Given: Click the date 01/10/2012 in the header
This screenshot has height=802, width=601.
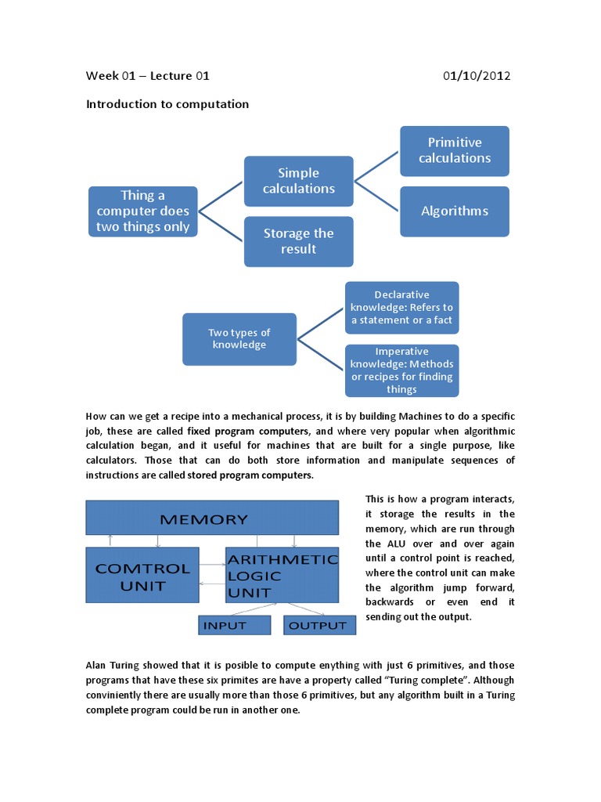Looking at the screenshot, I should (x=476, y=76).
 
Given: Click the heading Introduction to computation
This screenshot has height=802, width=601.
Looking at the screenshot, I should (x=167, y=103).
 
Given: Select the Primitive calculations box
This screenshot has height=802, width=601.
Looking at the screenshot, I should (x=454, y=150).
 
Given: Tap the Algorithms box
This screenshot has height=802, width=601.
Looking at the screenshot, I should (x=454, y=211).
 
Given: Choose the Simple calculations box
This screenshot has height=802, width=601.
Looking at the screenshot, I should (x=298, y=181).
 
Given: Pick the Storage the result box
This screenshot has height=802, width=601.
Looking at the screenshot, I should (x=298, y=241).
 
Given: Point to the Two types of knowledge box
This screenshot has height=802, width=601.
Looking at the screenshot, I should (x=239, y=339).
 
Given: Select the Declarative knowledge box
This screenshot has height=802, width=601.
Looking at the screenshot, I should (x=401, y=308).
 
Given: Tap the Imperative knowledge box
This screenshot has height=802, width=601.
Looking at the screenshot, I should (x=401, y=370).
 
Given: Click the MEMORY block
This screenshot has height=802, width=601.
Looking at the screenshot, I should (x=211, y=518).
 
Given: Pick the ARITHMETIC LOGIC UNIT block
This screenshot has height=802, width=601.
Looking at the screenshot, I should (x=282, y=575).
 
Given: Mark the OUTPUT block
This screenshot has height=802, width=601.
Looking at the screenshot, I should (x=318, y=625).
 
